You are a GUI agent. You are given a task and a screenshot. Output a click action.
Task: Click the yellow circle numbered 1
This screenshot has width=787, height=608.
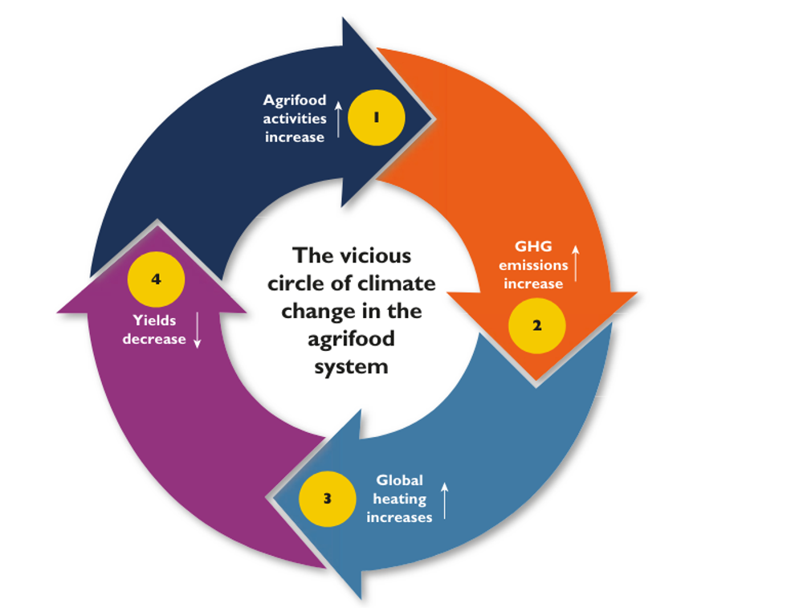click(376, 117)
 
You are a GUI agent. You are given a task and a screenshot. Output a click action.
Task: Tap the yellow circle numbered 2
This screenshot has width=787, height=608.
click(536, 326)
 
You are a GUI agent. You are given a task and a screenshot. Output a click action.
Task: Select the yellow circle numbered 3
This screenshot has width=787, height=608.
click(327, 498)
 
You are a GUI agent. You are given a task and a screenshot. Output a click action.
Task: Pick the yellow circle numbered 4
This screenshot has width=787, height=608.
click(156, 280)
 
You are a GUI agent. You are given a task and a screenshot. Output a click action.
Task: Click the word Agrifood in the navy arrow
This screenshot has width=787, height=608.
click(295, 100)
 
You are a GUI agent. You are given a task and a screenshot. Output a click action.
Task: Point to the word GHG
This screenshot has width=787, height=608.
click(533, 247)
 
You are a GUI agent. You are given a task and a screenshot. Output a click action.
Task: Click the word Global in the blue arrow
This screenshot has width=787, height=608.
click(399, 480)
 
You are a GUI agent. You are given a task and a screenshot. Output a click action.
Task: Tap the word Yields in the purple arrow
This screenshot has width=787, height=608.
click(154, 320)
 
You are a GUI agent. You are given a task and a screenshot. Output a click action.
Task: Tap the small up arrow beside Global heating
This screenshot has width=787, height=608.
click(444, 499)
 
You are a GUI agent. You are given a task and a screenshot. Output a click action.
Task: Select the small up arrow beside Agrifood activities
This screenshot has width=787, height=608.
click(338, 119)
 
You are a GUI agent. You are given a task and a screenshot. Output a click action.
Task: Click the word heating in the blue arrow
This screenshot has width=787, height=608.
click(399, 499)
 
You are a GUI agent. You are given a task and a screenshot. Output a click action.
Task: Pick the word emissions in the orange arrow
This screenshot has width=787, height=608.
click(533, 265)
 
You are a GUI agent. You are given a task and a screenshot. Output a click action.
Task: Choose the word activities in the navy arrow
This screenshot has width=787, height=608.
click(295, 119)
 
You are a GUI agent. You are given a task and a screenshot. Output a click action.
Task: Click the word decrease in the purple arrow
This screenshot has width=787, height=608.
click(154, 339)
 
